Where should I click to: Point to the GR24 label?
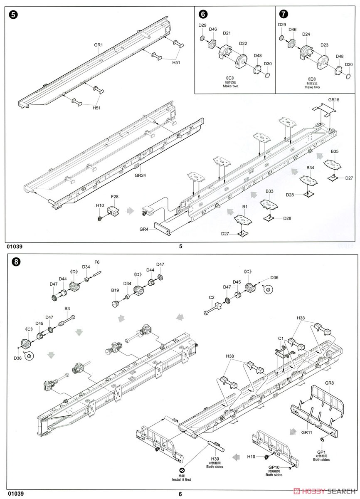pyautogui.click(x=140, y=175)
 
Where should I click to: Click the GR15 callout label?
pyautogui.click(x=334, y=100)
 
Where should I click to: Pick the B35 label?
pyautogui.click(x=335, y=151)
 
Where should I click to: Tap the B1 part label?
pyautogui.click(x=245, y=207)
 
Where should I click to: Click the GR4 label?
pyautogui.click(x=144, y=229)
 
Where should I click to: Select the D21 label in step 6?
pyautogui.click(x=227, y=33)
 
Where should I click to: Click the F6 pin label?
pyautogui.click(x=97, y=262)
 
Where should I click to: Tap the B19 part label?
pyautogui.click(x=115, y=290)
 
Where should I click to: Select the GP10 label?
pyautogui.click(x=274, y=467)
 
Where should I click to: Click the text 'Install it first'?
pyautogui.click(x=182, y=479)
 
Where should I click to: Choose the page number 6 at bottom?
pyautogui.click(x=180, y=494)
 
